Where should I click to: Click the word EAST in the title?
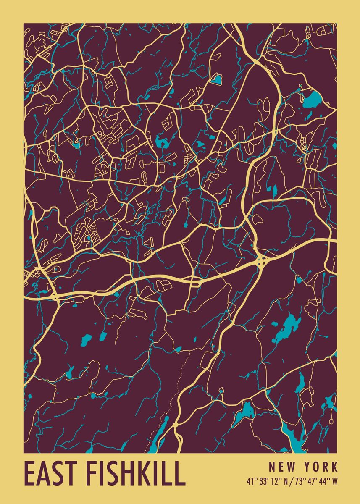pos(50,473)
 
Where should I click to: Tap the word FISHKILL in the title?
pos(135,473)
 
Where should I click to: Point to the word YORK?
pos(321,467)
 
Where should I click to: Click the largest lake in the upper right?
pos(312,100)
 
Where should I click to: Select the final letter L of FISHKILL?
pos(180,473)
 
